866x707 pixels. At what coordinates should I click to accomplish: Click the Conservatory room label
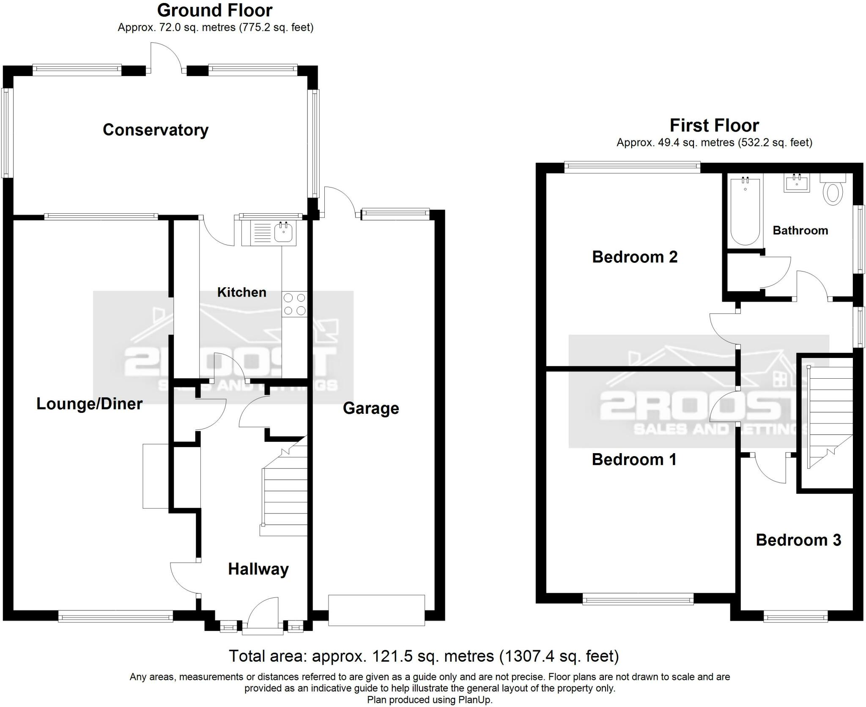[156, 130]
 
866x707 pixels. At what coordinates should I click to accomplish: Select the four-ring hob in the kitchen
[295, 305]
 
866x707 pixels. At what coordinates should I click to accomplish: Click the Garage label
[371, 408]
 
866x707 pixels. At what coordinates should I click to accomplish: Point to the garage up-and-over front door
[376, 610]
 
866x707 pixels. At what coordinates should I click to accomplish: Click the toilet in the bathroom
[833, 190]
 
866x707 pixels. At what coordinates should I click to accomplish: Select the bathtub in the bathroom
[745, 212]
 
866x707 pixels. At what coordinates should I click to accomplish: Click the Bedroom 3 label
[798, 540]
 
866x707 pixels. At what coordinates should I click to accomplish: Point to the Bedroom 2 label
[634, 257]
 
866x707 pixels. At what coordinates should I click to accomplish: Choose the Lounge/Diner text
[89, 404]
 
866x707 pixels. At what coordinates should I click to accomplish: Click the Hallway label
[258, 569]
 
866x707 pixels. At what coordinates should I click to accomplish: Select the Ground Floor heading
[215, 10]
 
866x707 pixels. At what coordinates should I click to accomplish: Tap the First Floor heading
[714, 126]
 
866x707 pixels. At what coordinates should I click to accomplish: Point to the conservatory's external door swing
[166, 57]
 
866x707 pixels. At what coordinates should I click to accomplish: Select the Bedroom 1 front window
[638, 598]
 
